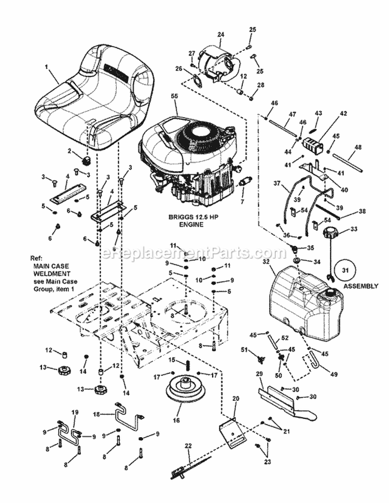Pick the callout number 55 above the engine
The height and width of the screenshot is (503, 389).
pyautogui.click(x=174, y=97)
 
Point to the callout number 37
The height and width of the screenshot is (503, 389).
pyautogui.click(x=276, y=183)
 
